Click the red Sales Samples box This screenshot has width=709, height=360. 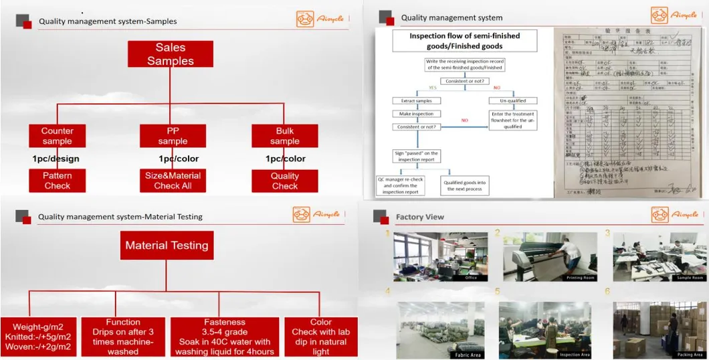[170, 54]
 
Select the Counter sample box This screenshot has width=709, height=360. [58, 136]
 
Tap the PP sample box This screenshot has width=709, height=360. [173, 136]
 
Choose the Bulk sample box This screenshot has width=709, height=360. [285, 136]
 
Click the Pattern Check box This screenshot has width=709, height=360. [58, 181]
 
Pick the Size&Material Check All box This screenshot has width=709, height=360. [173, 181]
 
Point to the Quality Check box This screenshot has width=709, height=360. [285, 181]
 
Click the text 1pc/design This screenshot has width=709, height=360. [56, 159]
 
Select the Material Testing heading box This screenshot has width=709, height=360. [167, 246]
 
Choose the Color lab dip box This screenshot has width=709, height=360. [320, 337]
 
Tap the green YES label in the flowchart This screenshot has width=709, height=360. [433, 88]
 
